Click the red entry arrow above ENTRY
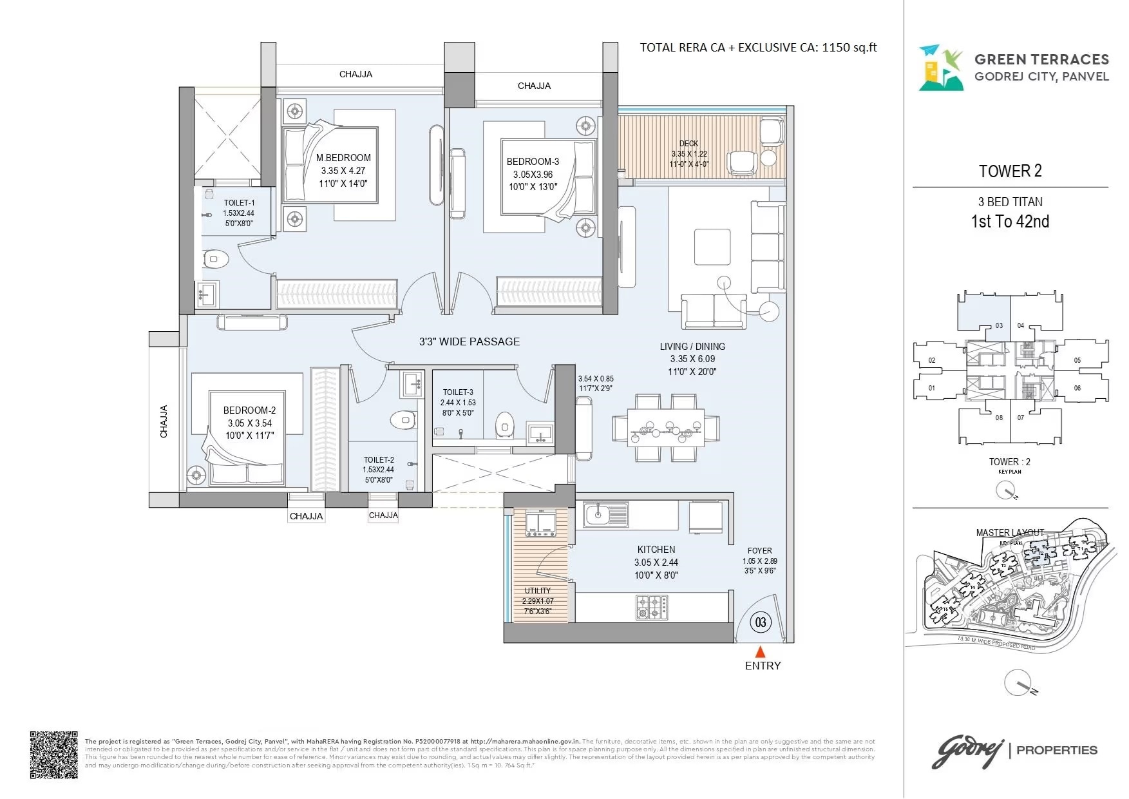pyautogui.click(x=761, y=651)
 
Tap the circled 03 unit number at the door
pyautogui.click(x=761, y=622)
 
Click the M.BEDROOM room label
pyautogui.click(x=343, y=158)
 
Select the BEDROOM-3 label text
pyautogui.click(x=533, y=162)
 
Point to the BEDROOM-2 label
pyautogui.click(x=249, y=410)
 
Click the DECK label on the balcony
pyautogui.click(x=688, y=144)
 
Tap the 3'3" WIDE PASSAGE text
pyautogui.click(x=469, y=342)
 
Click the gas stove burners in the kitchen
pyautogui.click(x=651, y=607)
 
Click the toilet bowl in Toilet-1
pyautogui.click(x=216, y=259)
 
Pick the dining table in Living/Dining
pyautogui.click(x=666, y=428)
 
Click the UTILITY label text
pyautogui.click(x=538, y=591)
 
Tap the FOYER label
pyautogui.click(x=759, y=551)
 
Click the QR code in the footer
pyautogui.click(x=54, y=755)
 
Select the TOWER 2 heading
pyautogui.click(x=1010, y=171)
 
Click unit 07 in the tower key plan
pyautogui.click(x=1021, y=418)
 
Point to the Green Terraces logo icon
pyautogui.click(x=940, y=68)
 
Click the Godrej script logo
pyautogui.click(x=967, y=752)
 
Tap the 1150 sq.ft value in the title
pyautogui.click(x=849, y=47)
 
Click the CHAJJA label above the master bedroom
pyautogui.click(x=356, y=74)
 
